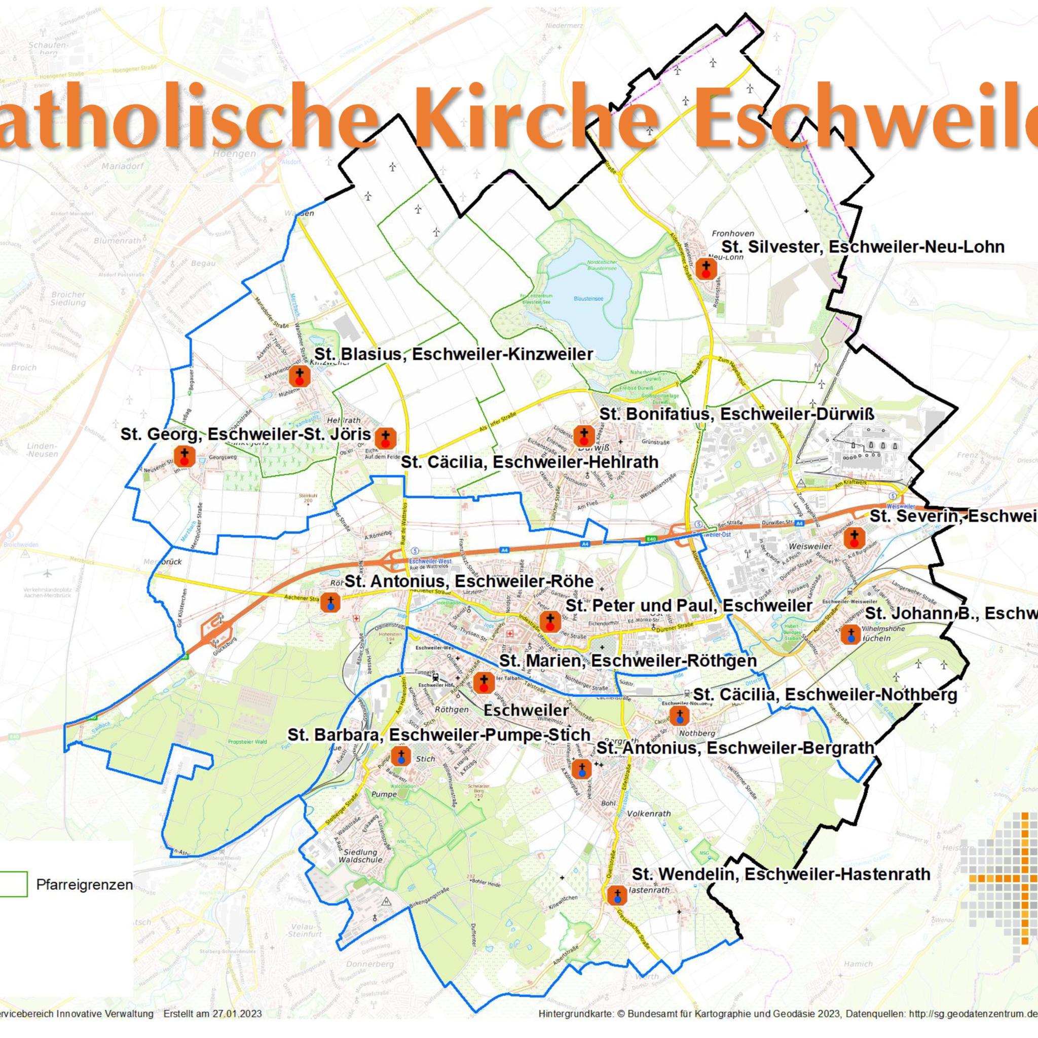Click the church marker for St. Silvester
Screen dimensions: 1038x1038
point(706,269)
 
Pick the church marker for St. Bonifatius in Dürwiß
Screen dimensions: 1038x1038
point(584,436)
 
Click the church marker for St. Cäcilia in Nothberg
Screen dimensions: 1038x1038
point(679,716)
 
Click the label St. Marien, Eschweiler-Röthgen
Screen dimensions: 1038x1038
point(627,660)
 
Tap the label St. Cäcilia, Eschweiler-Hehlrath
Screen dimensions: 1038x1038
point(530,462)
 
